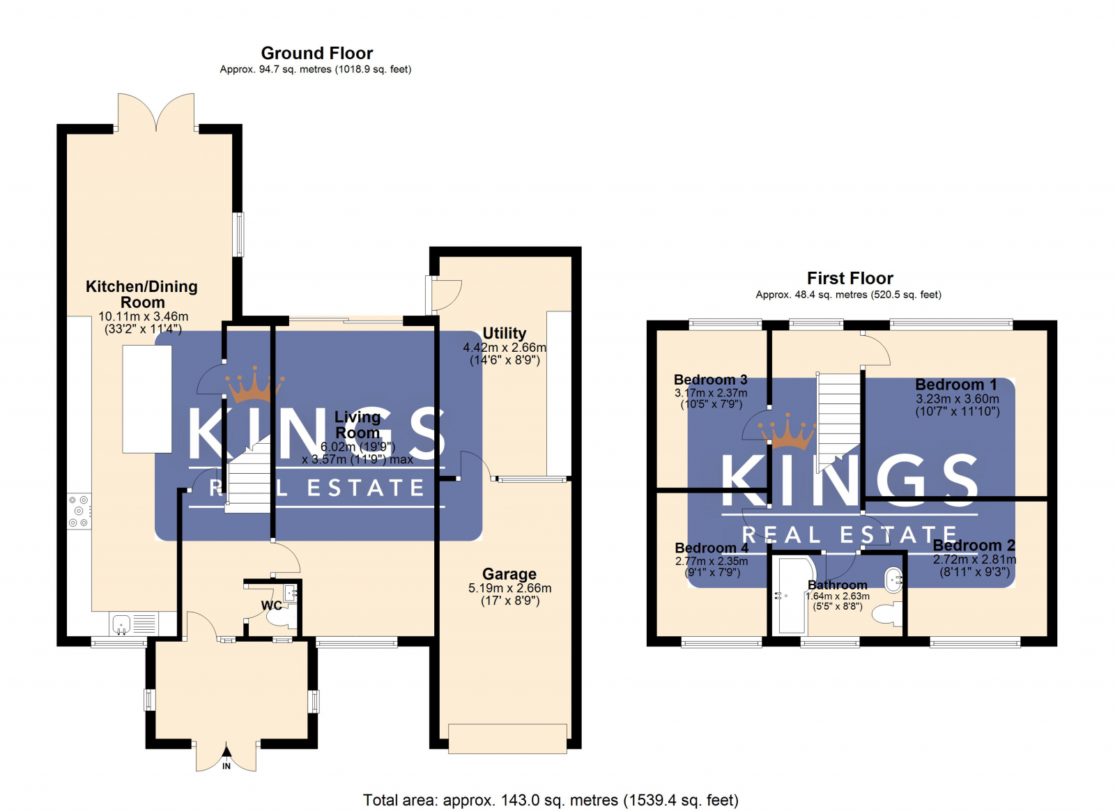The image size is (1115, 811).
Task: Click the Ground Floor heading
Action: point(316,53)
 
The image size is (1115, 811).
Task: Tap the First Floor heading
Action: point(849,278)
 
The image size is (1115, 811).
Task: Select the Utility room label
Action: point(504,333)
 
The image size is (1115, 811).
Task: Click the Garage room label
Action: point(509,574)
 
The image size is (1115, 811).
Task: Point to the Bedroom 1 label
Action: point(955,385)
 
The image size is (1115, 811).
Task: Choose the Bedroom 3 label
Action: point(710,380)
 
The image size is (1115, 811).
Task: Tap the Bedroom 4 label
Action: point(711,548)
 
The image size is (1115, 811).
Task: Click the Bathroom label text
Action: point(837,585)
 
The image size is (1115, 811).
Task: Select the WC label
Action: point(271,605)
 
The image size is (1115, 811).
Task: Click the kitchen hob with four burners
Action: point(79,511)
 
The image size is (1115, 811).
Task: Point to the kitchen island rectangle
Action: point(147,399)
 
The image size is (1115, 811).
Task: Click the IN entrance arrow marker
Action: point(226,763)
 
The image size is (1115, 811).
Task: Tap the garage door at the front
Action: point(507,739)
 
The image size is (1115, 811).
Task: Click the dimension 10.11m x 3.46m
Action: point(143,316)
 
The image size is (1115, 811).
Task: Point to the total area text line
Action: point(551,800)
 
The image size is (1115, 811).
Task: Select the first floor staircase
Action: point(838,418)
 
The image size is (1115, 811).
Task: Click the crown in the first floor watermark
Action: point(790,433)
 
